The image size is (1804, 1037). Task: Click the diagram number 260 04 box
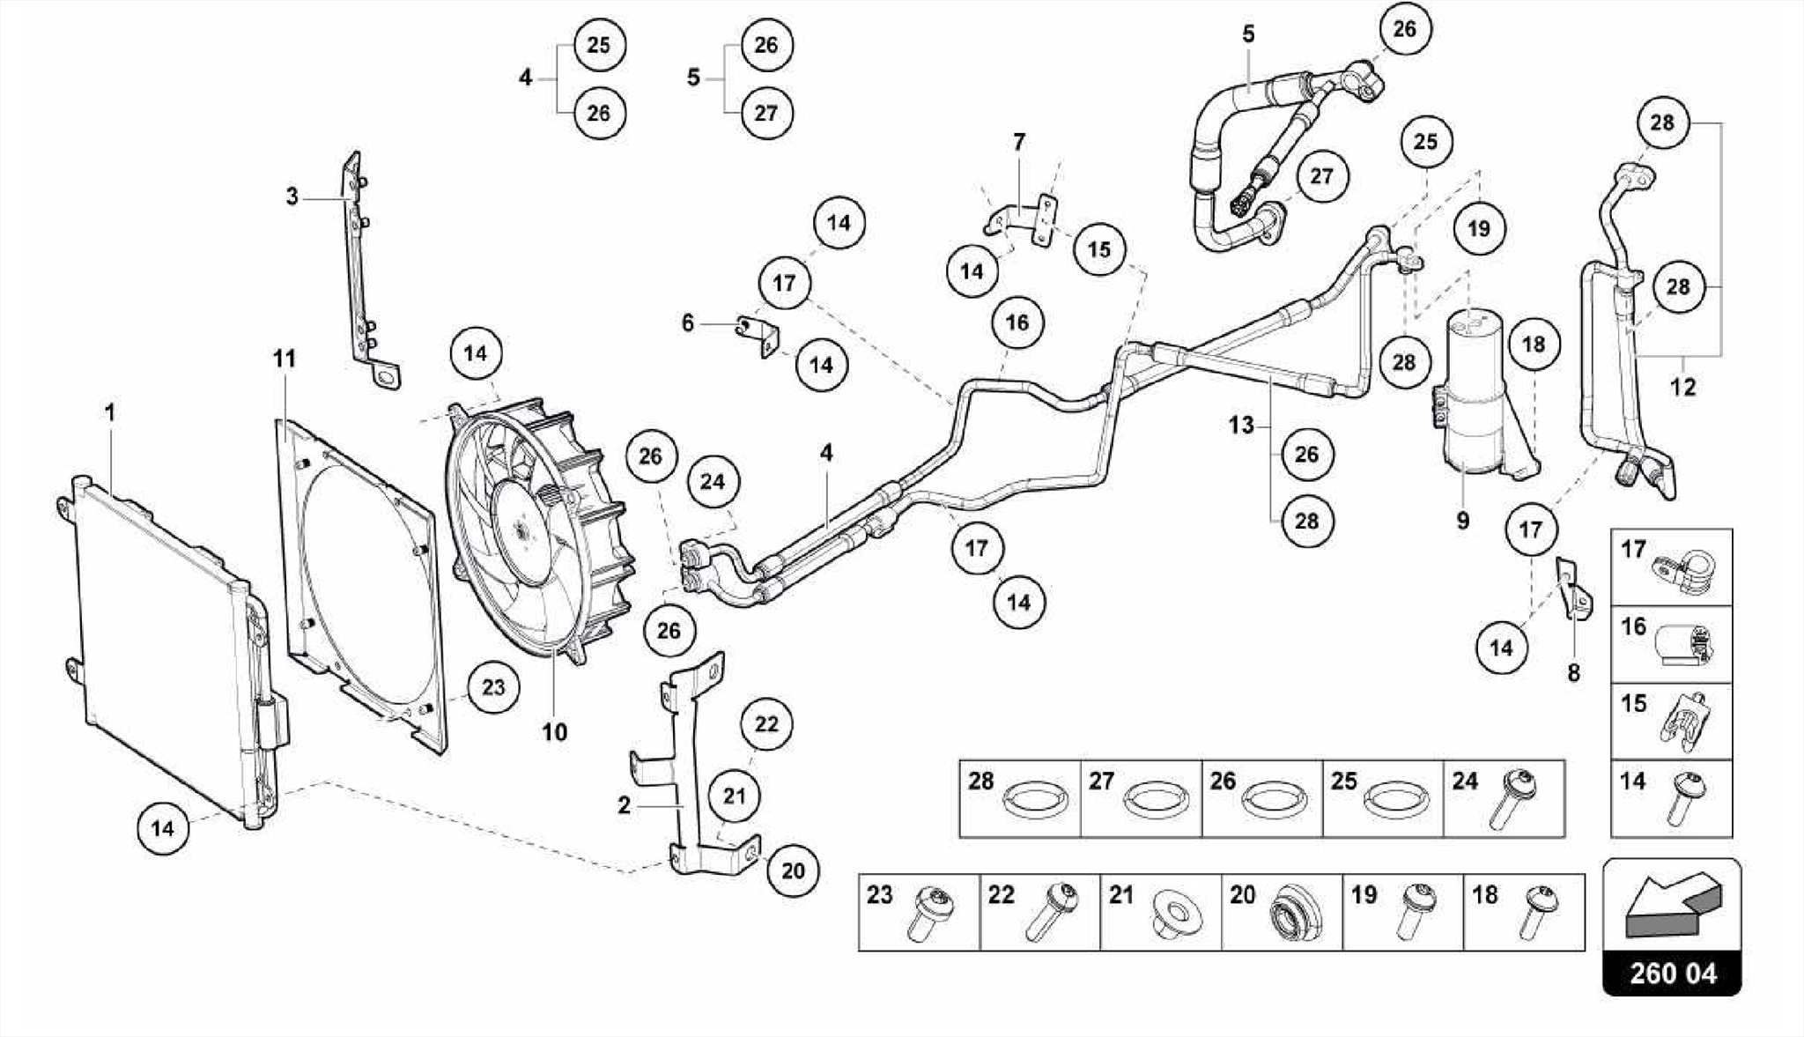[1672, 974]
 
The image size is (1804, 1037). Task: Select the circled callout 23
[493, 687]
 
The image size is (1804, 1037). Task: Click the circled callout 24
[712, 481]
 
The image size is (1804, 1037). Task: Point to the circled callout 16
[1017, 322]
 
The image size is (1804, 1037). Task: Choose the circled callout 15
[1098, 249]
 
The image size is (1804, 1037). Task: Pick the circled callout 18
[1533, 344]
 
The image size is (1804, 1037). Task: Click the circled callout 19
[1478, 229]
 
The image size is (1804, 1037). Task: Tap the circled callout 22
[766, 724]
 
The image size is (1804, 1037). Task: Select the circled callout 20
[793, 870]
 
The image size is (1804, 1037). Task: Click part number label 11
[284, 359]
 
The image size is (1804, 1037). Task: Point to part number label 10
[554, 732]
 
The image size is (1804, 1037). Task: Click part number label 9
[1462, 521]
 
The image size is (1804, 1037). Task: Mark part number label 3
[292, 196]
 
